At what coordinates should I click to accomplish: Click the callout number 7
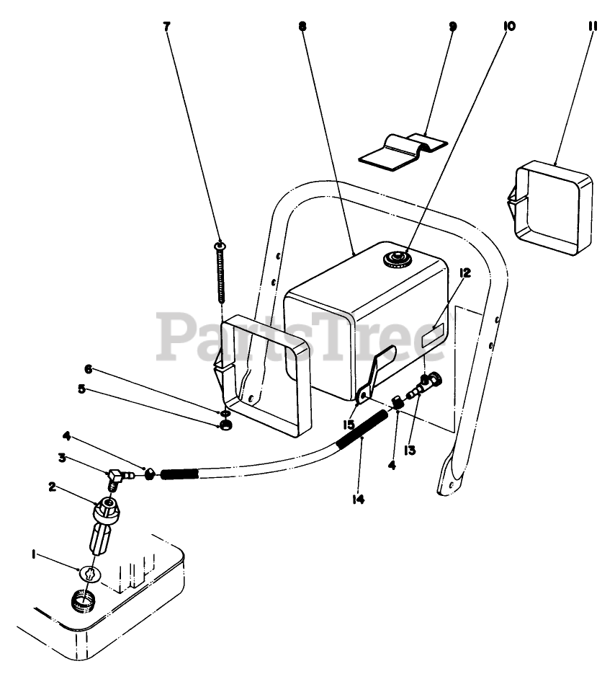[167, 27]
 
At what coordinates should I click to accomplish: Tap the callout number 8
[302, 27]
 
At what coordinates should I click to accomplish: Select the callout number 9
[452, 27]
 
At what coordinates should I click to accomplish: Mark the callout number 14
[358, 498]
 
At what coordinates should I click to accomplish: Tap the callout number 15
[349, 425]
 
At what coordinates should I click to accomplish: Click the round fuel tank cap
[395, 258]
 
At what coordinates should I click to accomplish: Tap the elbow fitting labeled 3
[116, 476]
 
